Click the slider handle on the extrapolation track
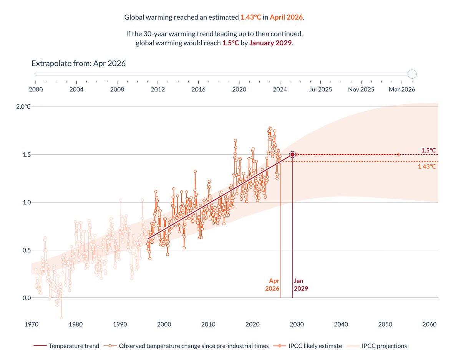point(412,74)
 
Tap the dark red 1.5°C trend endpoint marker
point(292,154)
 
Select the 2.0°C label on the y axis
point(23,107)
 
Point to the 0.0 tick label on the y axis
point(27,298)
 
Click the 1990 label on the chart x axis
point(120,324)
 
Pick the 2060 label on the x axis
point(429,324)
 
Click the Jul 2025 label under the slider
point(320,89)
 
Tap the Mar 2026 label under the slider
point(402,89)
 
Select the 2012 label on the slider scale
point(158,89)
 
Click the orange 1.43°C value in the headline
point(250,17)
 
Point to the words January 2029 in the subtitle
point(270,43)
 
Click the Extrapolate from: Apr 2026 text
point(78,63)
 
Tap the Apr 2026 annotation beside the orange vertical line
point(272,284)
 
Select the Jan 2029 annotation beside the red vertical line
point(301,284)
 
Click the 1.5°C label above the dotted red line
point(429,150)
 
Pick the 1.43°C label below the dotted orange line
point(427,167)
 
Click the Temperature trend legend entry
point(66,346)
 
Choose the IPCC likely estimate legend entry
point(308,346)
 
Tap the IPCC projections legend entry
point(376,346)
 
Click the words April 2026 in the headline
point(286,17)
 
